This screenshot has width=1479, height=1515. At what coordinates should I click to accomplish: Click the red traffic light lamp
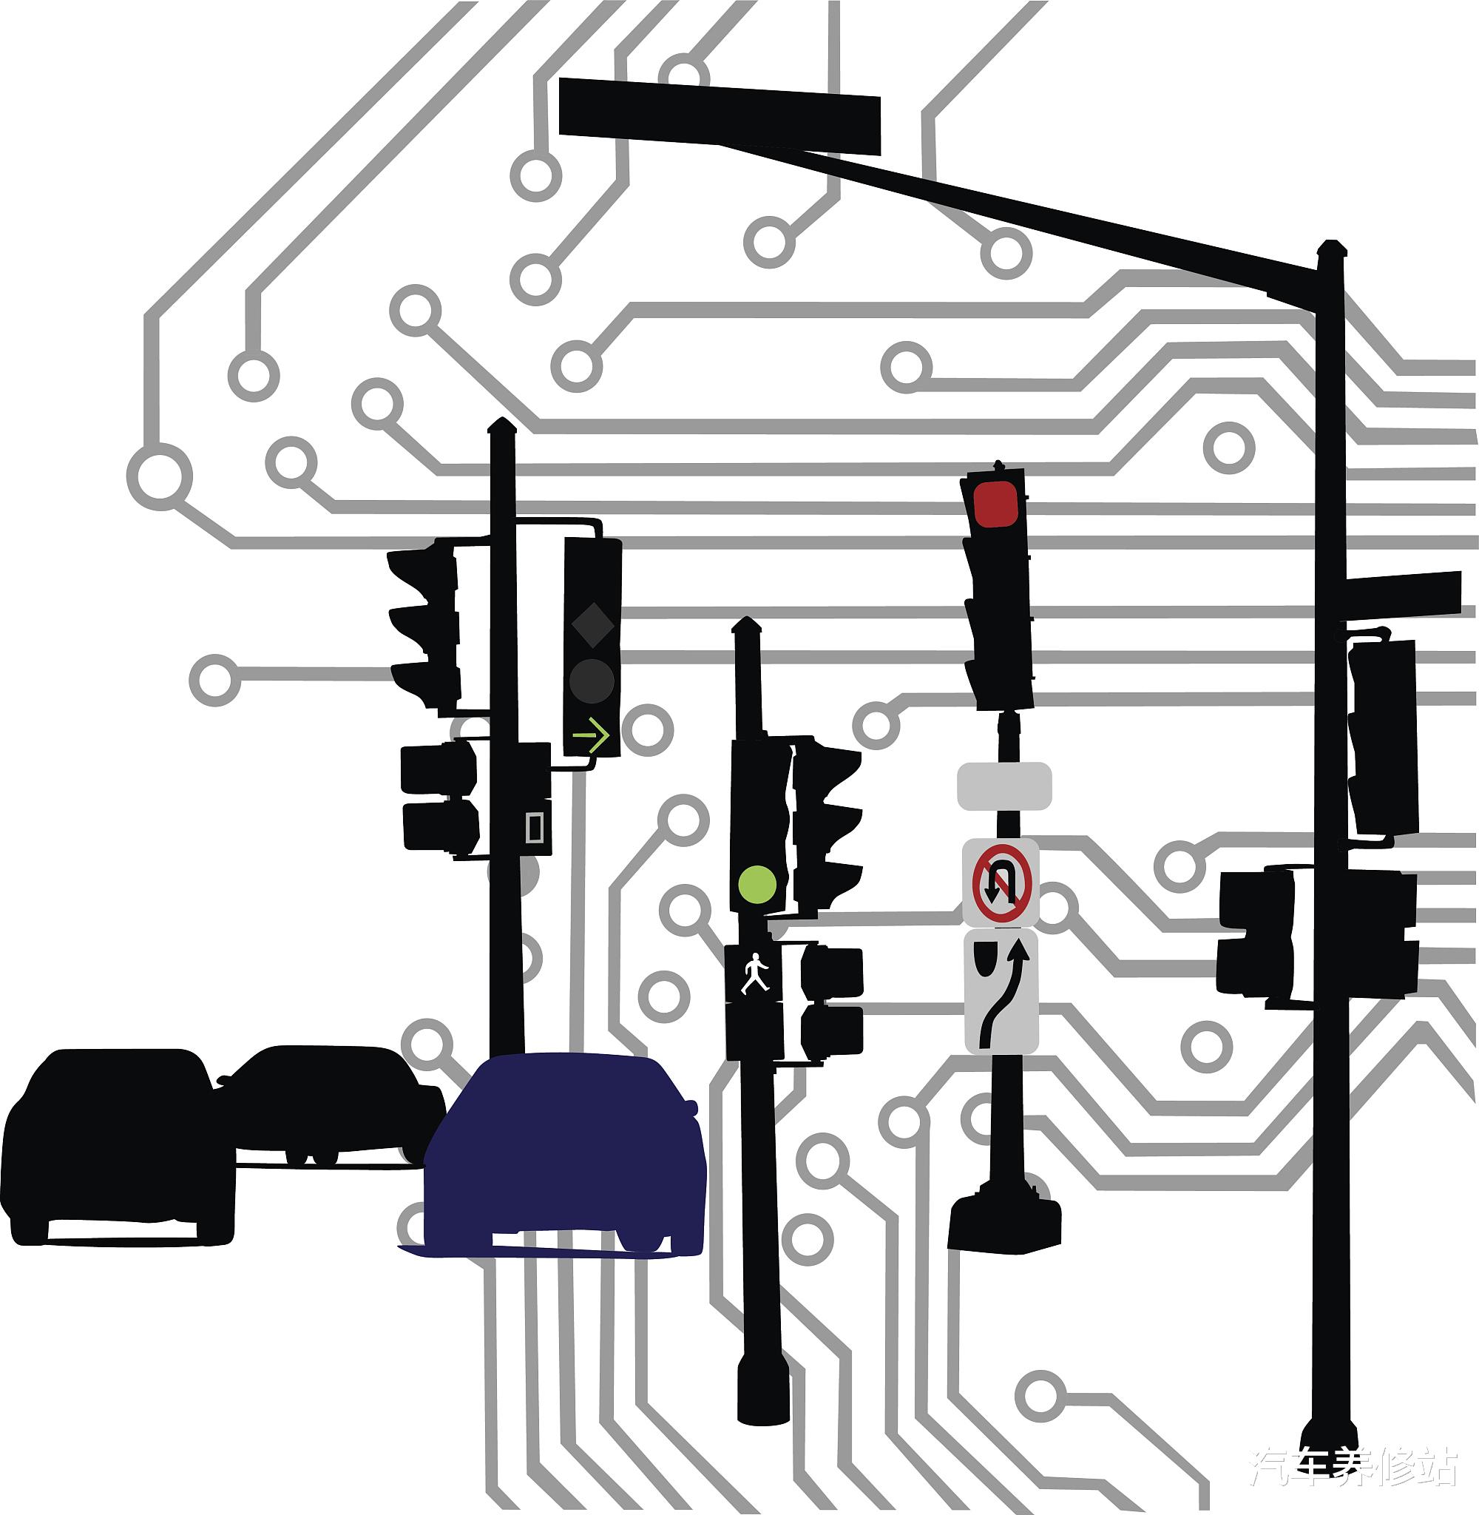point(996,505)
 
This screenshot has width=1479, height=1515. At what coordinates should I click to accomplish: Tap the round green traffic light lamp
point(757,885)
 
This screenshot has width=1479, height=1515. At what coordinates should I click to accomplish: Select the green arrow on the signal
point(591,734)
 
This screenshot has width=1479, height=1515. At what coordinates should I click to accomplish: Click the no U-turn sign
point(1001,883)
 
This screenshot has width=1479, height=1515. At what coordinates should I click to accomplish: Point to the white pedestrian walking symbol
point(754,973)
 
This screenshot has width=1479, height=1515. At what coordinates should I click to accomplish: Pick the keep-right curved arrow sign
point(1001,992)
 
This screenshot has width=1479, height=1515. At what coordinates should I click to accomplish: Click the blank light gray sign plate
point(1004,786)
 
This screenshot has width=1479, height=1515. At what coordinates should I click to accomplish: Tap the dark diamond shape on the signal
point(592,624)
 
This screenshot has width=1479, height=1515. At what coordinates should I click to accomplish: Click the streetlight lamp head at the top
point(720,117)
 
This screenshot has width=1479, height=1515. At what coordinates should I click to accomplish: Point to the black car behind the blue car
point(326,1103)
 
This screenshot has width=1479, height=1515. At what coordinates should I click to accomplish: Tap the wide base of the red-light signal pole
point(1004,1224)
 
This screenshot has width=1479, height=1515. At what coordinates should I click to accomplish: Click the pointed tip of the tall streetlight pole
point(1331,247)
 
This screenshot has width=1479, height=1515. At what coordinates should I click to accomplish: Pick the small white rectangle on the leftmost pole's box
point(535,828)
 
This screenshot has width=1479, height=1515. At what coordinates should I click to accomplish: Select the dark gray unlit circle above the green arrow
point(592,681)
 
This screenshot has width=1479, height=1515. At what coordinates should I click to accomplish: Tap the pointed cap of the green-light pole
point(746,624)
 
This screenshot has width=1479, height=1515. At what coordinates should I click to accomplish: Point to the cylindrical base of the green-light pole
point(763,1394)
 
